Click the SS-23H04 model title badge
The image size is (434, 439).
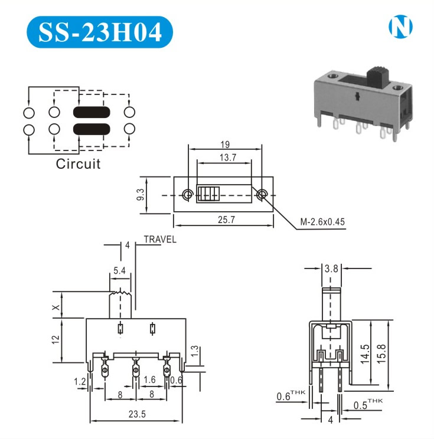pos(100,32)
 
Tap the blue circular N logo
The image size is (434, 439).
pos(400,27)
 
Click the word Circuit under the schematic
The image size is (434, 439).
pos(78,164)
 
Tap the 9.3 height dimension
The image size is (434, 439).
pos(141,195)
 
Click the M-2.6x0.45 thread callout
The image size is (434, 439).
pos(322,222)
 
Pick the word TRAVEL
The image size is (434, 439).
pos(159,240)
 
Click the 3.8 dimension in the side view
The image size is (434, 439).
pos(332,268)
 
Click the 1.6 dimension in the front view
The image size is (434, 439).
pos(149,380)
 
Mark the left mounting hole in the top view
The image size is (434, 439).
pos(188,194)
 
